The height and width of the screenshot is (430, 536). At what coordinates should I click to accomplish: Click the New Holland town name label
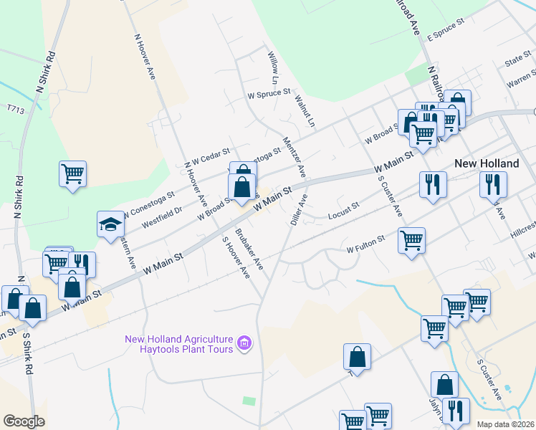click(x=487, y=163)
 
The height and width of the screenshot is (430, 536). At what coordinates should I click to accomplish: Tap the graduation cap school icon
click(x=111, y=225)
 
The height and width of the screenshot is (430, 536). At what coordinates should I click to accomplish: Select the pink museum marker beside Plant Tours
click(x=245, y=344)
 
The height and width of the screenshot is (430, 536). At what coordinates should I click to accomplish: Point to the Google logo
click(x=24, y=421)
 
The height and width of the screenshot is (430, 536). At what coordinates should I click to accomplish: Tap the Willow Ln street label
click(x=273, y=65)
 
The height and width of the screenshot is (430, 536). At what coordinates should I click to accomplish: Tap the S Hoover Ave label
click(x=235, y=258)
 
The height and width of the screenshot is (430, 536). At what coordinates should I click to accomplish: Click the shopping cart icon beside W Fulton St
click(x=411, y=240)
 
